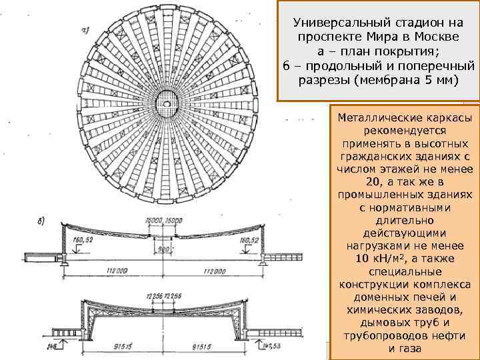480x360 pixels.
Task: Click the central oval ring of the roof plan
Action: pos(167,102)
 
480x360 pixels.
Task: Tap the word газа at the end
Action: pos(411,349)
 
